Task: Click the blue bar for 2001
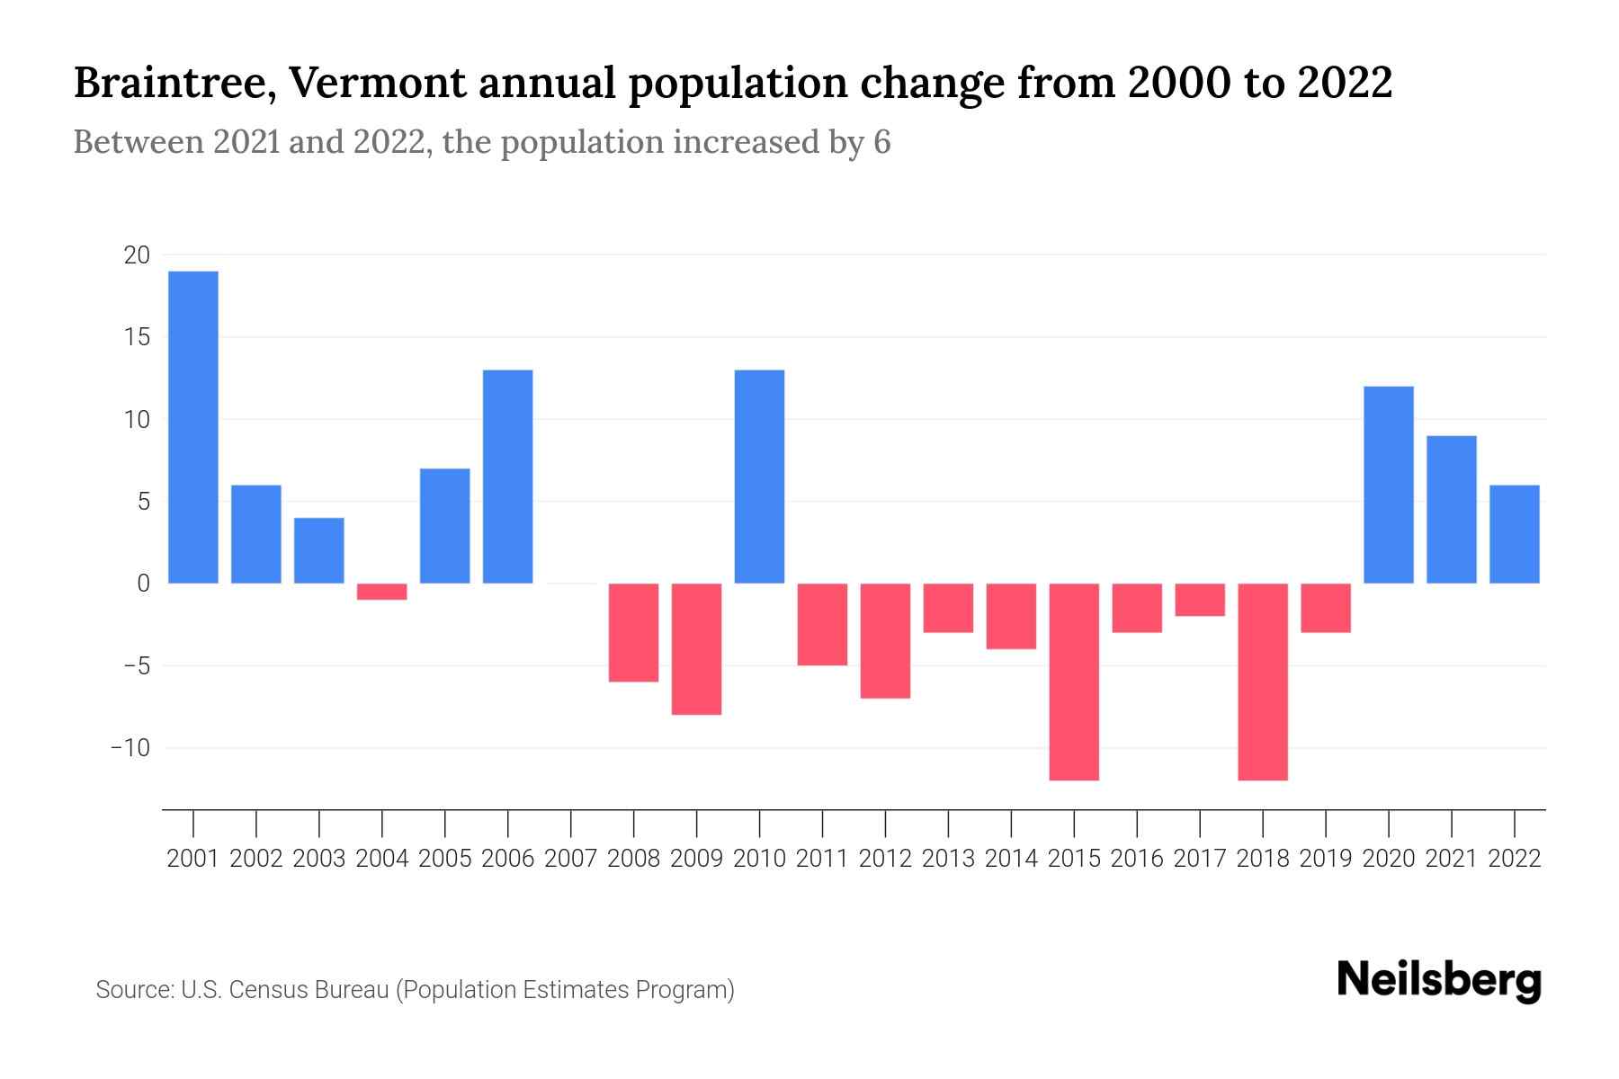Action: (193, 427)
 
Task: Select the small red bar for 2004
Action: (382, 592)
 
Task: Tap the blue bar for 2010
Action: (759, 477)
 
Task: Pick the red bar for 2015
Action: (1074, 682)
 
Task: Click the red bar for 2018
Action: (1263, 682)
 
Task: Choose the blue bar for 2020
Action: (1389, 485)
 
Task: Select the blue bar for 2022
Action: (1515, 534)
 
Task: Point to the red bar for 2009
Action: (697, 649)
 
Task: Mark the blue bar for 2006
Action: (508, 477)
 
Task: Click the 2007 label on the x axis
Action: (571, 859)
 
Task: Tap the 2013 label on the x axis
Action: (948, 859)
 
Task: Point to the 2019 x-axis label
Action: (1326, 859)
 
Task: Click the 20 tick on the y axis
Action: (137, 255)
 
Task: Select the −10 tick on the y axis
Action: (130, 748)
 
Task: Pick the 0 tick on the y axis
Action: (143, 584)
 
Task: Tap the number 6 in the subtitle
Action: (881, 142)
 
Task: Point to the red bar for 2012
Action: (885, 641)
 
